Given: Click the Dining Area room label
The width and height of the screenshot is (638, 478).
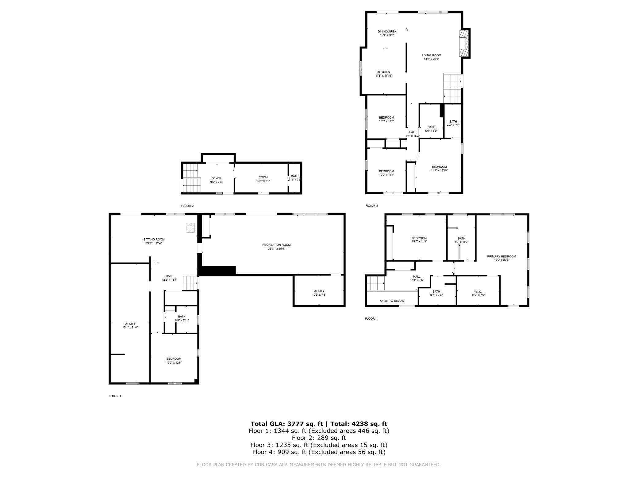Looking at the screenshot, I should pos(387,32).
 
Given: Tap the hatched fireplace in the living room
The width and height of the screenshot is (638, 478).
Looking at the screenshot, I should pos(464,44).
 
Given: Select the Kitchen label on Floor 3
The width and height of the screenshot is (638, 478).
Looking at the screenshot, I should pos(383,72).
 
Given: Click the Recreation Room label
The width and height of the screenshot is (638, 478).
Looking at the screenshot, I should pos(276,245).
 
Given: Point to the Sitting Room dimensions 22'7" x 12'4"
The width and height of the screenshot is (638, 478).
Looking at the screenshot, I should pos(154,243).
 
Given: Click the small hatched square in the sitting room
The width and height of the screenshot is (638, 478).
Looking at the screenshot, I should pos(190,228).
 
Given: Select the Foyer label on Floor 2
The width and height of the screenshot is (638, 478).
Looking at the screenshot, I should pos(216,178).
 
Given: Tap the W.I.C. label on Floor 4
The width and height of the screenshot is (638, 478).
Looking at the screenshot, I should pos(478,292).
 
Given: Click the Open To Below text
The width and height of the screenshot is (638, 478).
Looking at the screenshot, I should pos(392,301).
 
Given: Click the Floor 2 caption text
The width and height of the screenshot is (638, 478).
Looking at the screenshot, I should pos(187,206).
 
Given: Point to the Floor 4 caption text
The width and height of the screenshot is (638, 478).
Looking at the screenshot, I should pos(371,319).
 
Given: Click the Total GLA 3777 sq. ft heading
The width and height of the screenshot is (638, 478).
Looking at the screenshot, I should pos(319,424).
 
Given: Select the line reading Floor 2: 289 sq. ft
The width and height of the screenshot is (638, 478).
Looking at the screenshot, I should pos(319,438).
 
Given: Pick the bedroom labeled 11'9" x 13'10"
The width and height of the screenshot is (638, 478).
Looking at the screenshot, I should pos(439,169).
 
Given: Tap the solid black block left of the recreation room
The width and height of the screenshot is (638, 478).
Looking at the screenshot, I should pos(218,271).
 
